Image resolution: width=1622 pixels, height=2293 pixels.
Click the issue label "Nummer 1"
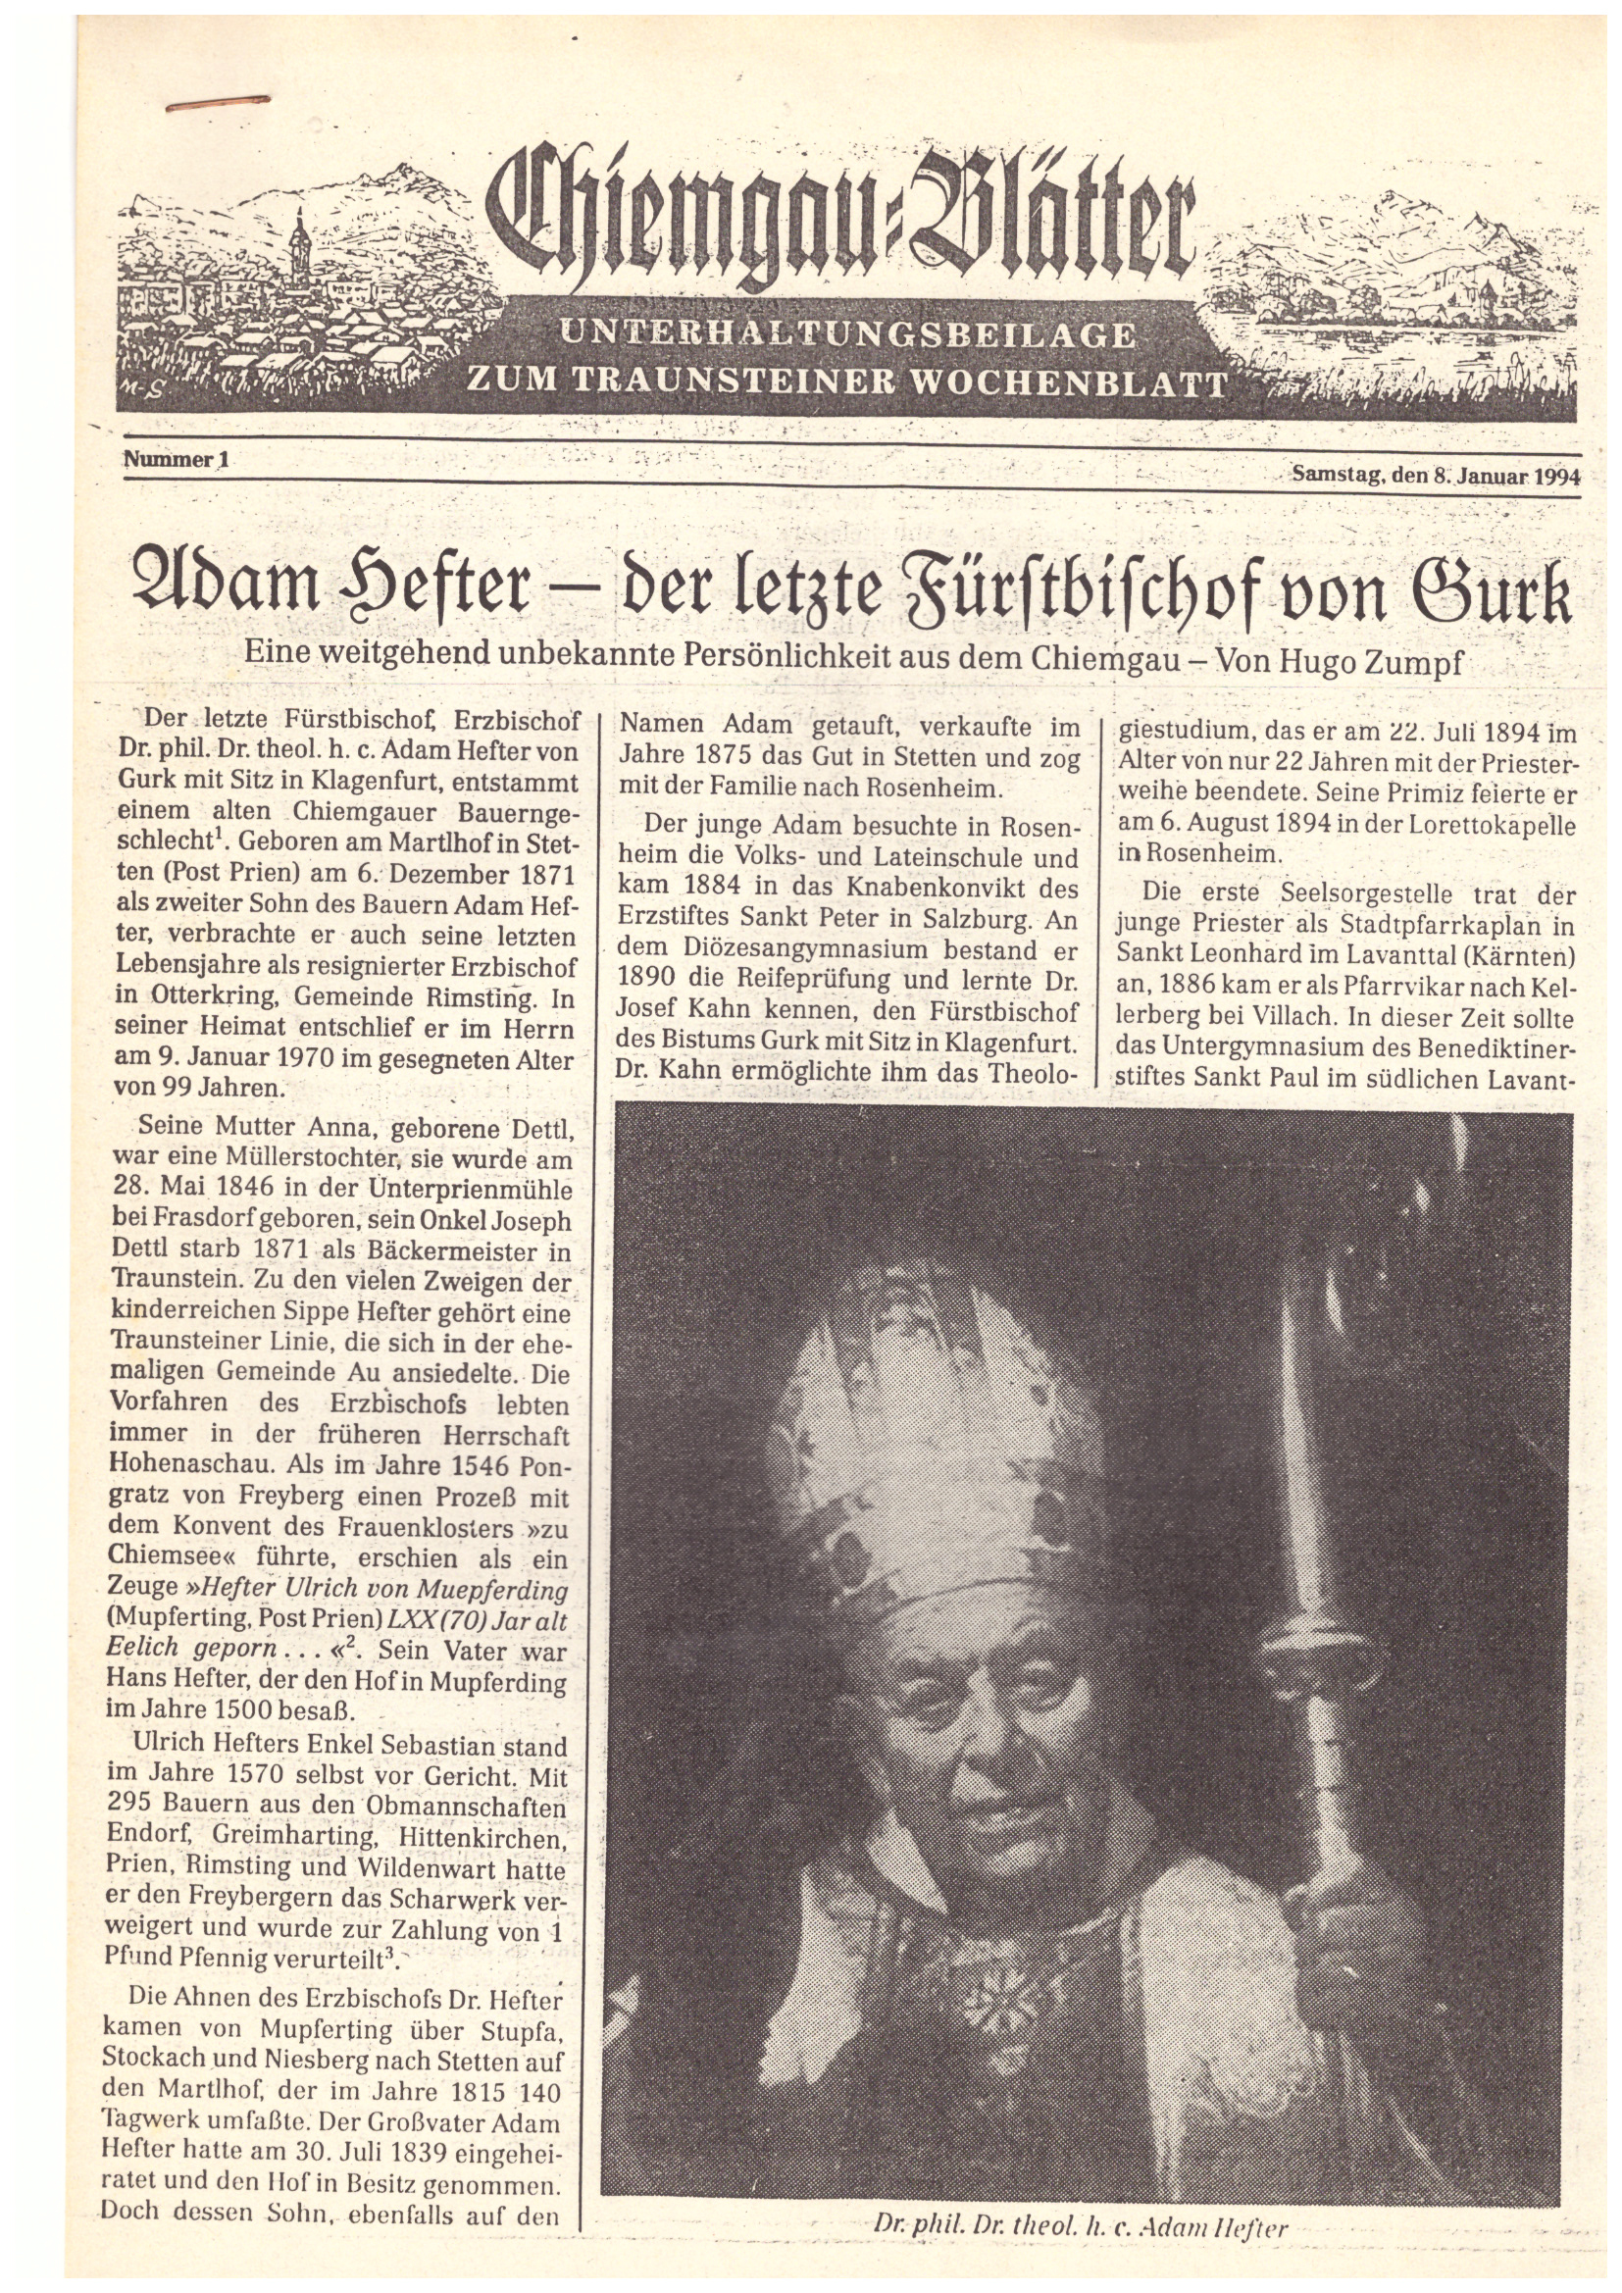177,460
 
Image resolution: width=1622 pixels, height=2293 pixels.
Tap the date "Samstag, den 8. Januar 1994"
1436,476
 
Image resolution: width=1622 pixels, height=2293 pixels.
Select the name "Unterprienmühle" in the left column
458,1192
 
